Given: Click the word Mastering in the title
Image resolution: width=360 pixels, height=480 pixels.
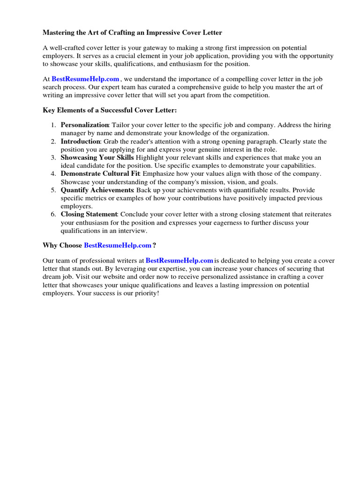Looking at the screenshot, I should pos(59,33).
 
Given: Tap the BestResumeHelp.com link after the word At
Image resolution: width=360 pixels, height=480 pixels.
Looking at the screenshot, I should pos(85,79).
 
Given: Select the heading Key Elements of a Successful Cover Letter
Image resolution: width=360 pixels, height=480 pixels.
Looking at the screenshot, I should pos(110,110).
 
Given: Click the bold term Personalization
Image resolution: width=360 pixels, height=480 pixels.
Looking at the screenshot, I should pos(85,125).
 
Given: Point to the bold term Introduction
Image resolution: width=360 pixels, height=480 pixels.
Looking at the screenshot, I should pos(80,141).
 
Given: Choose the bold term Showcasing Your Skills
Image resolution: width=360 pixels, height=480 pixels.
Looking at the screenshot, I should pos(97,157).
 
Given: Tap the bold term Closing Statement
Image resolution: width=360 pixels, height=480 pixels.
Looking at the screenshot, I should pos(89,214).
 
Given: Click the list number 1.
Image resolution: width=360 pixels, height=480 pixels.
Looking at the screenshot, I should pos(53,125).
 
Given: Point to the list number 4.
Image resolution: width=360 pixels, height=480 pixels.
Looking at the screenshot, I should pos(53,173).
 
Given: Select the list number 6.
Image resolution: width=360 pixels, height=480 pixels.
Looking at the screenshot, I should pos(53,214).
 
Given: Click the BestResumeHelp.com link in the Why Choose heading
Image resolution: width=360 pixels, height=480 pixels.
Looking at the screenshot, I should pos(118,245).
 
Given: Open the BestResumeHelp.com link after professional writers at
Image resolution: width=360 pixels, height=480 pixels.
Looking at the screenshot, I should pos(180,260).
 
